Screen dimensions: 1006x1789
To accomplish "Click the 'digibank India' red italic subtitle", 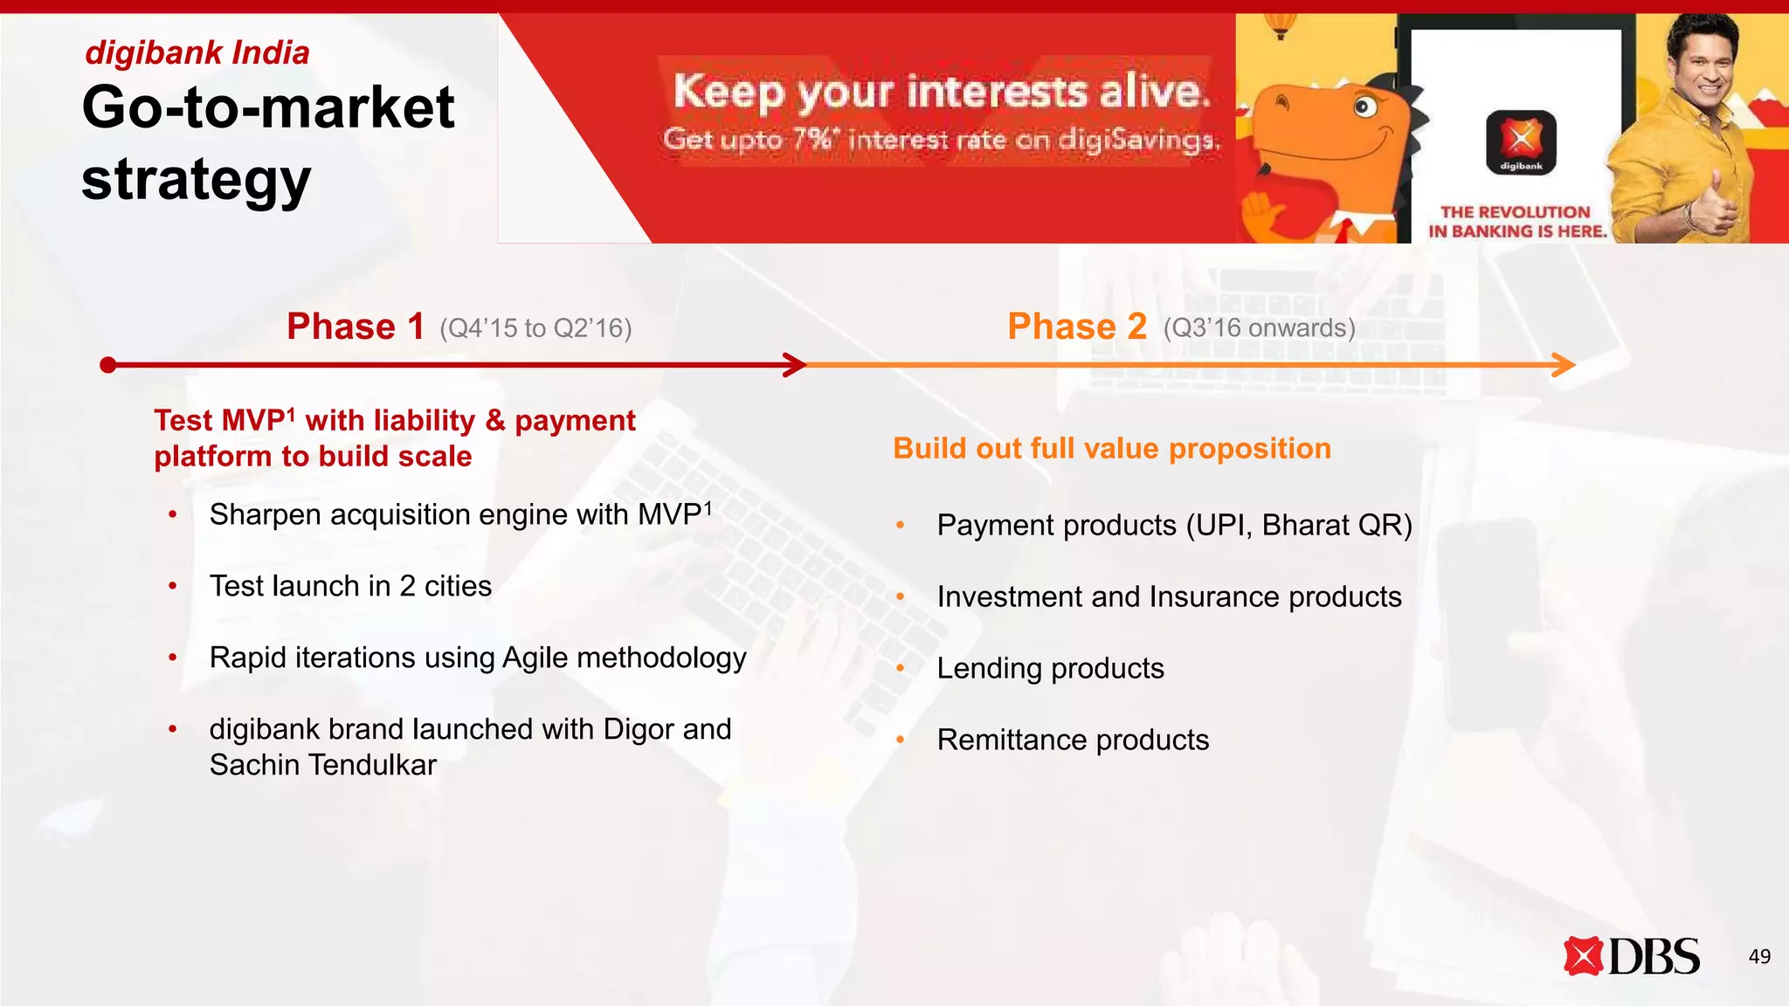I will click(197, 53).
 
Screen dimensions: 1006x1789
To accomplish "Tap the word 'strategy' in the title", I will click(197, 180).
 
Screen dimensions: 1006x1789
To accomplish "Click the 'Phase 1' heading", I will click(356, 327).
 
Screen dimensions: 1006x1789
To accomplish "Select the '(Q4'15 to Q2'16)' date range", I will click(535, 328).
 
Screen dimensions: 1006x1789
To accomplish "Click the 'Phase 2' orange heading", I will click(1076, 327).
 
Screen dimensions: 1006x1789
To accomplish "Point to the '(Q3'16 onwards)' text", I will click(1259, 328).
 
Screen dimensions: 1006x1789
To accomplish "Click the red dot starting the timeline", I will click(108, 365).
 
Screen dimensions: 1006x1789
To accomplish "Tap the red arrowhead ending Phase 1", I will click(796, 365).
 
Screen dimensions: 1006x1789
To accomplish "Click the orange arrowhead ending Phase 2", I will click(1565, 365).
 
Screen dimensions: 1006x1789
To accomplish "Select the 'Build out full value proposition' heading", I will click(1112, 449).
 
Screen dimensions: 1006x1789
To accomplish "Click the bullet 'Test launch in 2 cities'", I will click(350, 586).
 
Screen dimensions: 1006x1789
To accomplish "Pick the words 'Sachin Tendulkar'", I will click(322, 765).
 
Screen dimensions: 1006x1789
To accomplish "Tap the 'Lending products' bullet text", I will click(1050, 669).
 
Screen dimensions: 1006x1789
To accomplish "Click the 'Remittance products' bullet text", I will click(1073, 741).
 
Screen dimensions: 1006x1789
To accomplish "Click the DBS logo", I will click(1631, 956).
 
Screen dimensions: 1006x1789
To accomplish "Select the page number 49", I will click(1759, 957).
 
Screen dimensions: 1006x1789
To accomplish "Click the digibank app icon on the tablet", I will click(1521, 140).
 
